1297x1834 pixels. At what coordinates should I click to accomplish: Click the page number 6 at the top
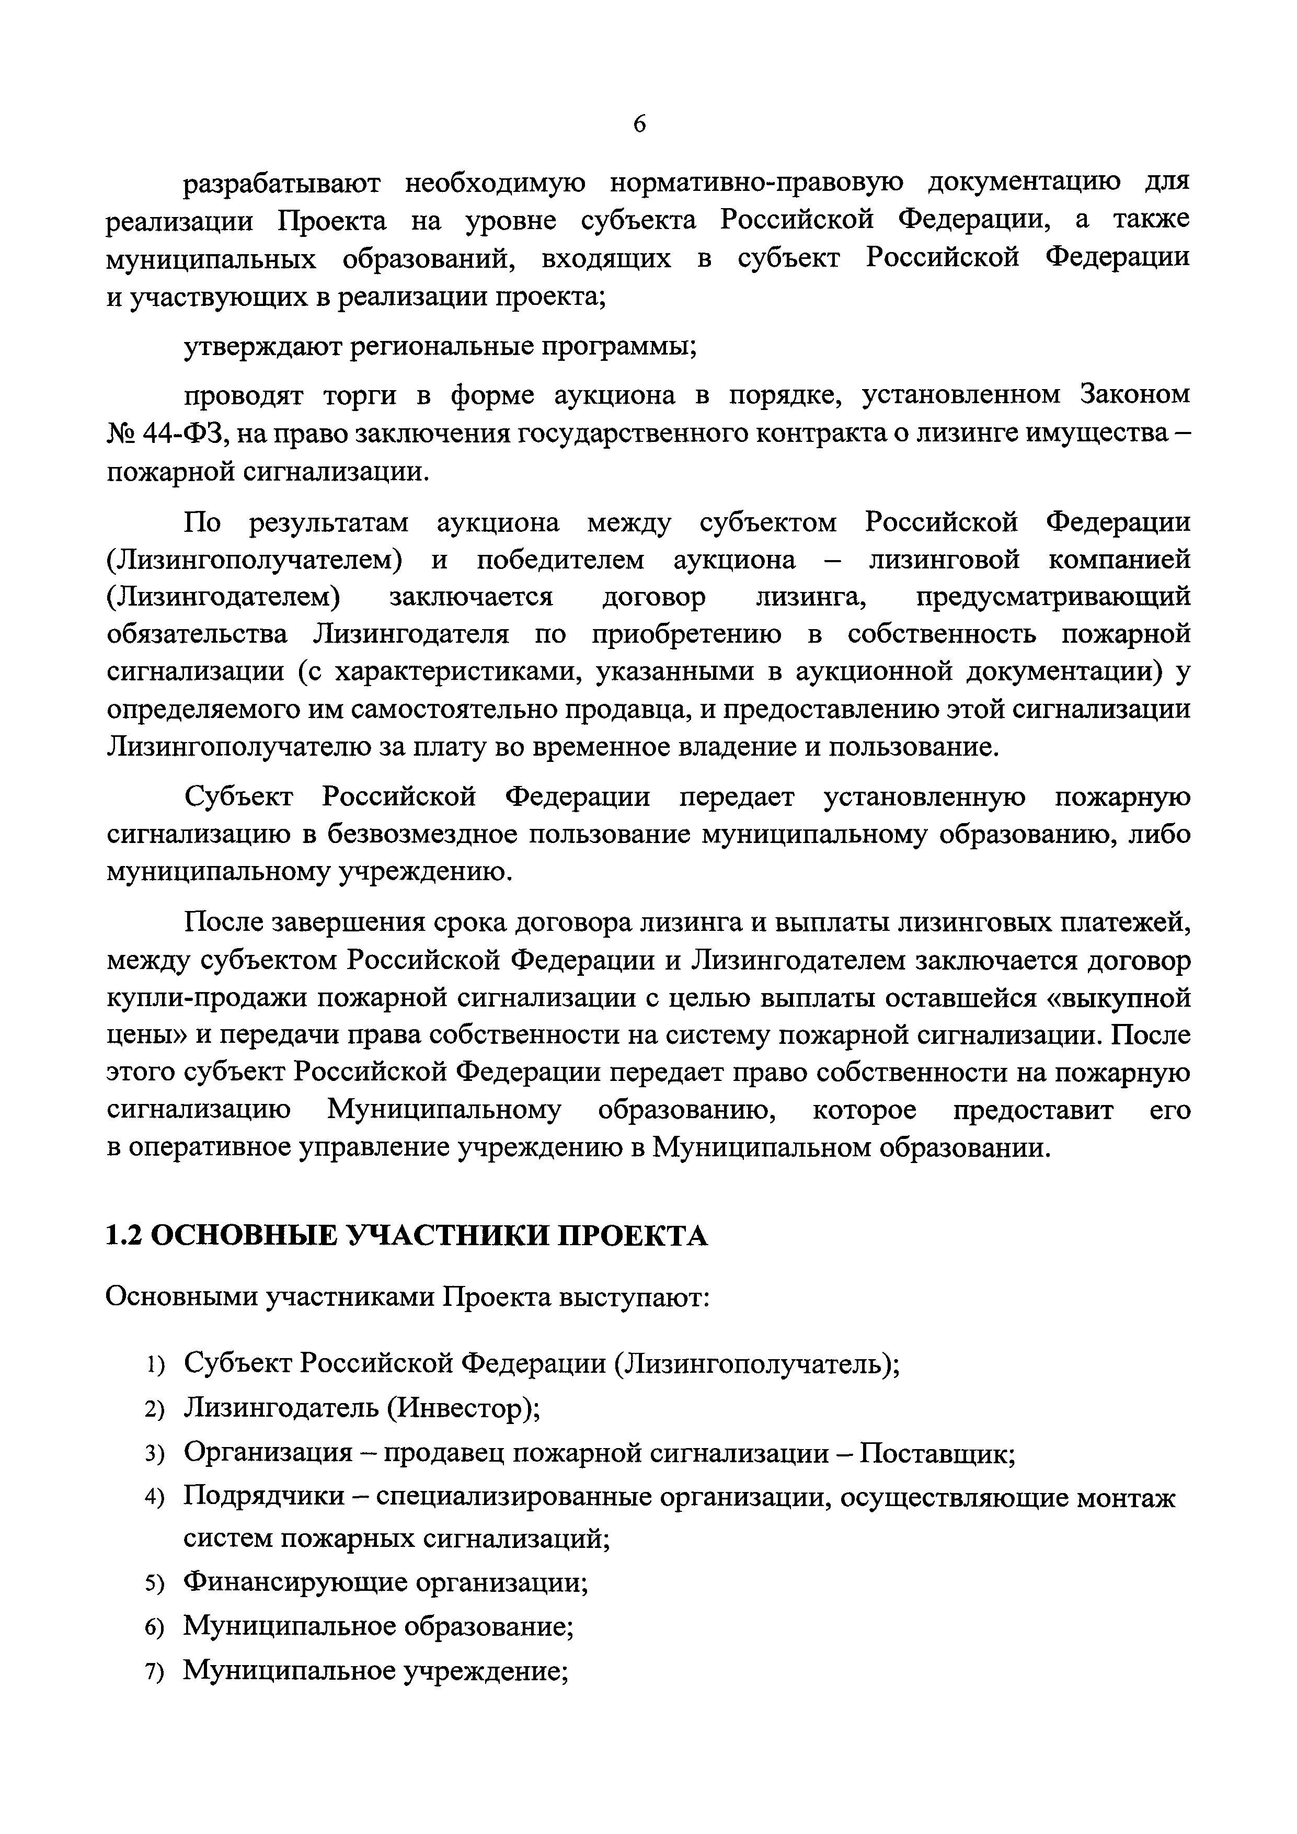(x=640, y=124)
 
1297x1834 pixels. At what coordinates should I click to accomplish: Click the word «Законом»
(x=1135, y=395)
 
